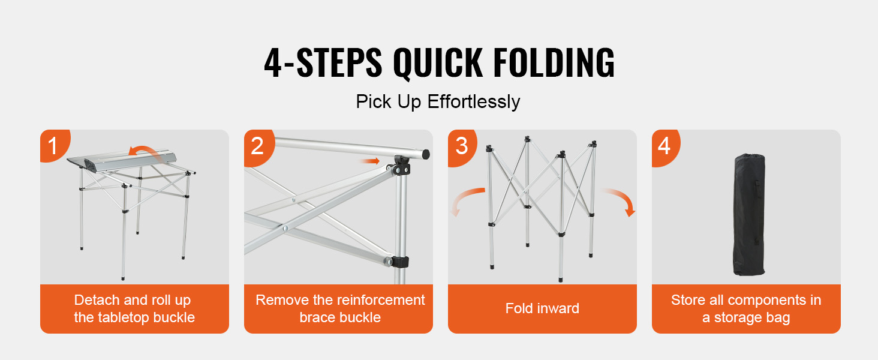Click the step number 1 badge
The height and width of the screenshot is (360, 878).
[x=53, y=145]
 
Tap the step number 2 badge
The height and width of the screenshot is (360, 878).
[x=257, y=146]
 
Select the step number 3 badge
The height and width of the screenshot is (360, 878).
[x=461, y=146]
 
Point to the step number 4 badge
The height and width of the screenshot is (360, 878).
[x=664, y=146]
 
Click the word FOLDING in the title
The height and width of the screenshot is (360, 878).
[x=554, y=63]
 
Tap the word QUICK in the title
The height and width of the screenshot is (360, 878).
[x=438, y=64]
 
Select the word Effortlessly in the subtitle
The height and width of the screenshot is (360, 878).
[x=474, y=102]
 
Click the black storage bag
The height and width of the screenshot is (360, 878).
[x=749, y=214]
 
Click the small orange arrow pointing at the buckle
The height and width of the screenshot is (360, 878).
[x=370, y=161]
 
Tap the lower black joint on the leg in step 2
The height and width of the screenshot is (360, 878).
[x=399, y=262]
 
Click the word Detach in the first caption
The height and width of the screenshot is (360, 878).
[x=97, y=300]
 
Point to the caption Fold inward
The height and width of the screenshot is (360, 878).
[x=542, y=308]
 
